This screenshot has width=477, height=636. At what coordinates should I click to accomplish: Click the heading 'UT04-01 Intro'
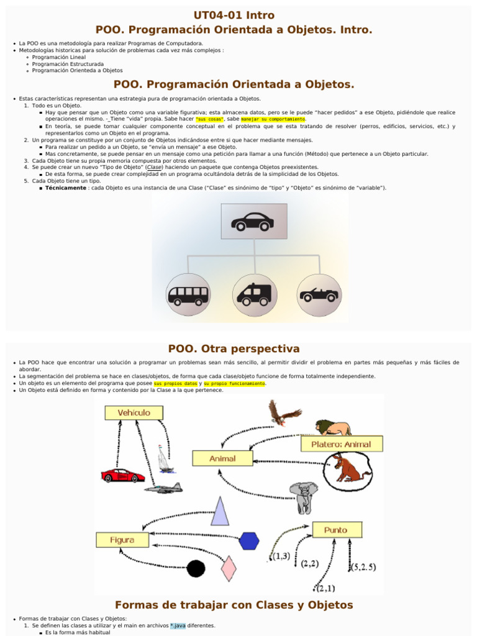(x=234, y=15)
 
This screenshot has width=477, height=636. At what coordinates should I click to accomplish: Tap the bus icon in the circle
(x=188, y=294)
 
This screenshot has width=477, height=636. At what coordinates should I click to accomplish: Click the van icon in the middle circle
(x=254, y=294)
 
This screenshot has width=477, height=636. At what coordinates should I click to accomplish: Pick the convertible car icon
(x=319, y=294)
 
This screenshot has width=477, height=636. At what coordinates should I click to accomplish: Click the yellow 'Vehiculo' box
(x=134, y=412)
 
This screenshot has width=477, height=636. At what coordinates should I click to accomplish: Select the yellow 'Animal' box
(x=222, y=458)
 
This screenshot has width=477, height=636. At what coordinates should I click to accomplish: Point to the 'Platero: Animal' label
(x=341, y=443)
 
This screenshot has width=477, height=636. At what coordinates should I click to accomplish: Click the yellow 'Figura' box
(x=122, y=540)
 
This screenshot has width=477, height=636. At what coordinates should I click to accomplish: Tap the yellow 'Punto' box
(x=337, y=530)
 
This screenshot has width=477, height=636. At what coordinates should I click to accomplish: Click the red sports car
(x=122, y=475)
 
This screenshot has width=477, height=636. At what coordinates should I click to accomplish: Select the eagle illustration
(x=283, y=412)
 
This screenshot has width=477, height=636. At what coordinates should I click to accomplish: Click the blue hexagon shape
(x=249, y=541)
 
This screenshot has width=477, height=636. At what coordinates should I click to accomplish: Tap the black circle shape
(x=196, y=568)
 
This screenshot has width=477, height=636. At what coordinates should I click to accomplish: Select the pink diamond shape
(x=229, y=568)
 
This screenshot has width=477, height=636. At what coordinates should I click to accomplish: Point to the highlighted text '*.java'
(x=178, y=625)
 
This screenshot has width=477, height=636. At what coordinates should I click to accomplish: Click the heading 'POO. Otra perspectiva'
(x=234, y=349)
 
